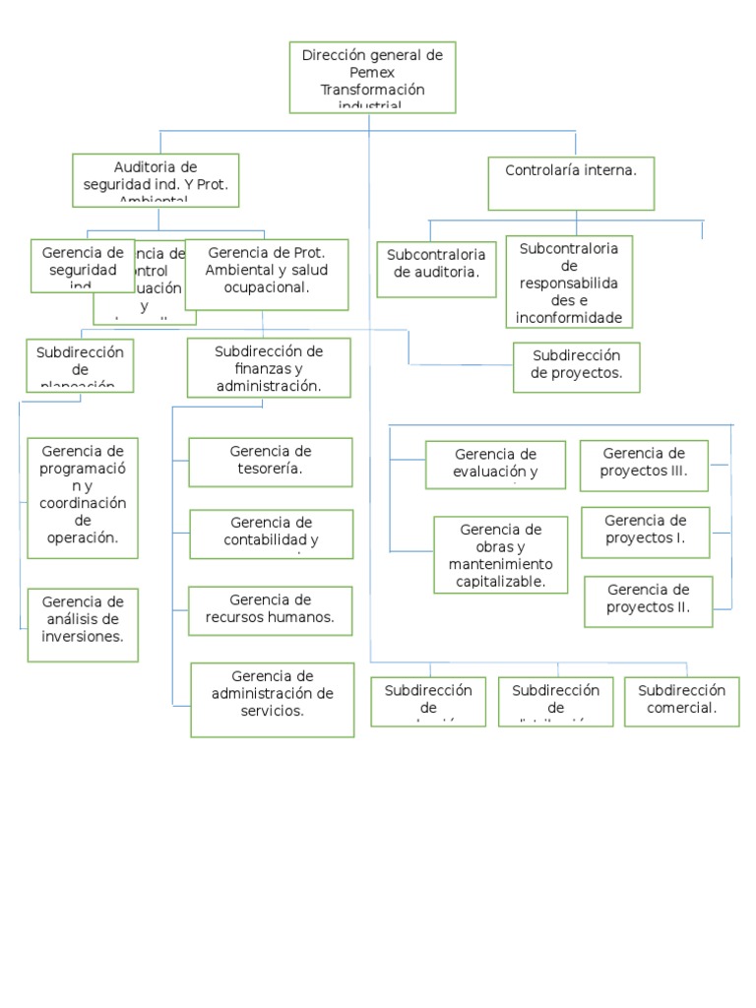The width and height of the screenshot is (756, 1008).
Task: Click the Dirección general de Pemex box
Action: click(x=372, y=77)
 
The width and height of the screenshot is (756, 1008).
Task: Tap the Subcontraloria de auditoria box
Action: click(x=436, y=269)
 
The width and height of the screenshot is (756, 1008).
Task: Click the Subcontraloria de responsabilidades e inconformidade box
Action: click(x=569, y=282)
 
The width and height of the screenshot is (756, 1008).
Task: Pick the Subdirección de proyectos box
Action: click(x=576, y=367)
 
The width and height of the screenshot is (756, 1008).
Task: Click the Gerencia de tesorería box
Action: click(x=271, y=462)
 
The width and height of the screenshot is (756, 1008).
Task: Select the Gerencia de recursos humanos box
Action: click(x=270, y=609)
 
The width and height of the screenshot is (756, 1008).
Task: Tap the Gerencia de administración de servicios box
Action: click(x=272, y=700)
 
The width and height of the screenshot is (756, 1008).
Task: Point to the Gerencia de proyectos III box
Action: click(x=643, y=465)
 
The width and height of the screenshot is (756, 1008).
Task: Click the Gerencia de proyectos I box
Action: click(x=645, y=532)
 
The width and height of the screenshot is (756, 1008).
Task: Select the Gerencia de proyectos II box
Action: click(x=648, y=600)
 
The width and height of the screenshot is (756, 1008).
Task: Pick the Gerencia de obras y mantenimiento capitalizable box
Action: click(x=500, y=555)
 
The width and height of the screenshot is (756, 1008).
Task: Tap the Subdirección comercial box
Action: click(x=681, y=701)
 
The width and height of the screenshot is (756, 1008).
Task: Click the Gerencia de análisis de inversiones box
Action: click(x=83, y=624)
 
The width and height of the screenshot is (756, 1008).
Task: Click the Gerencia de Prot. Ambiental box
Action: click(x=267, y=273)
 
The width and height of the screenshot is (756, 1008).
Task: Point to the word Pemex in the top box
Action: click(x=371, y=73)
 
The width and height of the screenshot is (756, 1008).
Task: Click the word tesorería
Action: click(x=270, y=470)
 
